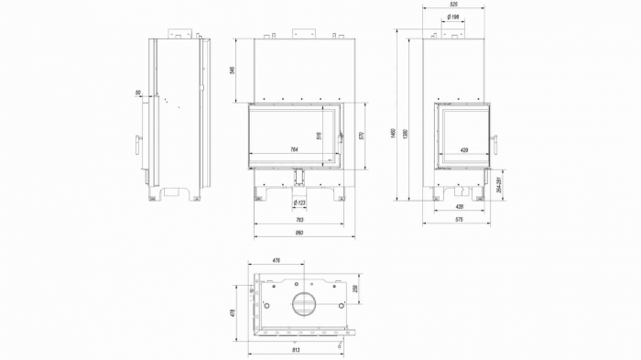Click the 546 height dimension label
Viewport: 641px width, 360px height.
pyautogui.click(x=234, y=70)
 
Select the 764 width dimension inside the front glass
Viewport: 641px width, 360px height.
pyautogui.click(x=294, y=149)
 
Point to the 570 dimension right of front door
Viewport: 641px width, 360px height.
pyautogui.click(x=362, y=136)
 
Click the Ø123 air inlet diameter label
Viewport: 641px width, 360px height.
pyautogui.click(x=299, y=202)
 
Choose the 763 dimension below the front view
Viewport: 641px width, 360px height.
pyautogui.click(x=299, y=220)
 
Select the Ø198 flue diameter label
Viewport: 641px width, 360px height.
pyautogui.click(x=453, y=17)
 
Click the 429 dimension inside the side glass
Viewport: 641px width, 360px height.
pyautogui.click(x=464, y=149)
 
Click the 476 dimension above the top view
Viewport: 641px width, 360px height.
pyautogui.click(x=277, y=262)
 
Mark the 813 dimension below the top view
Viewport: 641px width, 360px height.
pyautogui.click(x=296, y=350)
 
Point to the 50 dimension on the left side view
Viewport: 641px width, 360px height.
pyautogui.click(x=137, y=93)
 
